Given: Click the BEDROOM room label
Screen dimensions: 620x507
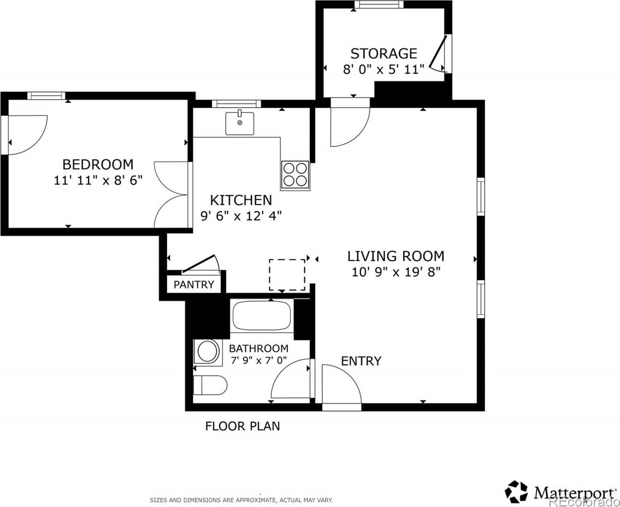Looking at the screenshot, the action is tap(98, 165).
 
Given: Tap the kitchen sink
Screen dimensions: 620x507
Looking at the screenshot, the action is tap(240, 123).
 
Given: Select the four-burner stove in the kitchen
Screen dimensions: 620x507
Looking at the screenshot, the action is tap(295, 174).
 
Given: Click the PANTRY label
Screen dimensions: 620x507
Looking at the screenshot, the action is tap(194, 284).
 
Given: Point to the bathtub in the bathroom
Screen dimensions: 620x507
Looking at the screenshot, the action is tap(262, 316).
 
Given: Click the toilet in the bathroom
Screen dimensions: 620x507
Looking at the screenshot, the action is tap(210, 385).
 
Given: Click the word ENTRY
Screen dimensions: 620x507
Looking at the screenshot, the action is tap(361, 361).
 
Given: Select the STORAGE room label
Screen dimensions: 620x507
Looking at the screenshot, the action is tap(384, 54).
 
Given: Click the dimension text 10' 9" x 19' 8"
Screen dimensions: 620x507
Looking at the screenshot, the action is tap(396, 272).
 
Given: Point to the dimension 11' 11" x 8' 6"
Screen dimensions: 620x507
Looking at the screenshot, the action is tap(98, 180).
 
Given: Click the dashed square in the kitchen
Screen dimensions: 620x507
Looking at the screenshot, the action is tap(287, 275).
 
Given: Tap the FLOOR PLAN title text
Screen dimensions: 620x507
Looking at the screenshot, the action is tap(243, 426).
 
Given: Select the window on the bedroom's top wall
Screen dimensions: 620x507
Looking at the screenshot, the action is tap(46, 96).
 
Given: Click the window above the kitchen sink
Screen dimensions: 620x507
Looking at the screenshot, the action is tap(236, 103).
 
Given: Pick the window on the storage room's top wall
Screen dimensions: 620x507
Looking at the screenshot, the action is tap(379, 4).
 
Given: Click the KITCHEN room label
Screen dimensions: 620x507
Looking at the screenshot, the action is tap(241, 201).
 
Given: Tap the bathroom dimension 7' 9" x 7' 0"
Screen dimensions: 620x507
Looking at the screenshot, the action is tap(259, 360).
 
